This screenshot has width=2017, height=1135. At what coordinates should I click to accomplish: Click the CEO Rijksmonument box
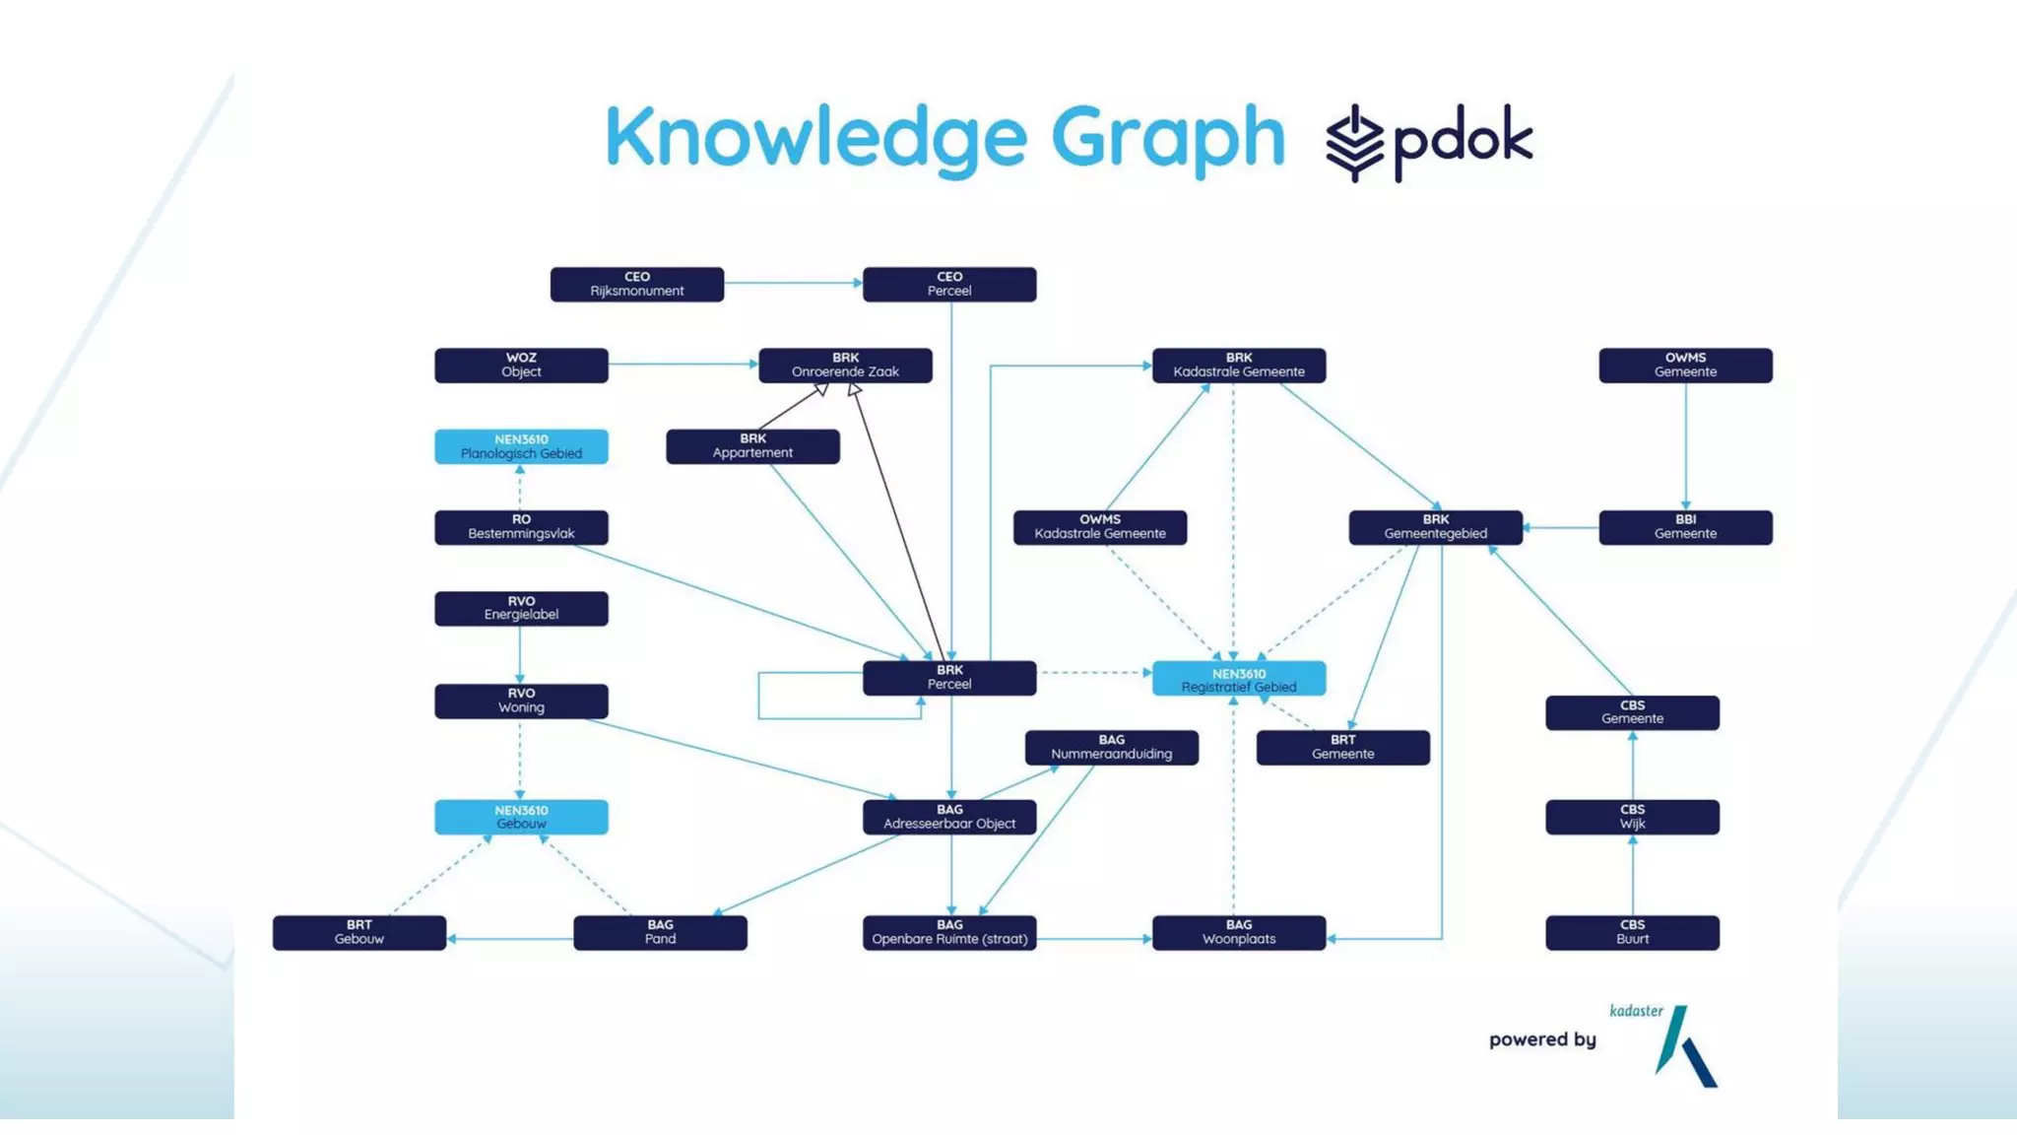coord(636,285)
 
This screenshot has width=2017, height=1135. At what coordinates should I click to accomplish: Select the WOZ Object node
coord(521,366)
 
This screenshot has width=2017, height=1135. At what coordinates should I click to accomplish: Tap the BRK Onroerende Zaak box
coord(845,366)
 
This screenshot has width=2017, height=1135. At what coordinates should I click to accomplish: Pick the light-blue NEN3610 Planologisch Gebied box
coord(521,446)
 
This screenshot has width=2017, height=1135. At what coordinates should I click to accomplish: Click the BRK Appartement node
coord(752,446)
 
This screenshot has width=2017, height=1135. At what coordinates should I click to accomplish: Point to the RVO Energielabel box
coord(521,608)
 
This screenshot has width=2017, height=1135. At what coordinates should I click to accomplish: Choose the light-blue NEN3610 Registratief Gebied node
coord(1239,679)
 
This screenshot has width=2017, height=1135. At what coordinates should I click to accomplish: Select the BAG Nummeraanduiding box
coord(1111,747)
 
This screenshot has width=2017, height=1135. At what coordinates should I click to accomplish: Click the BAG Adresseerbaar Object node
coord(949,817)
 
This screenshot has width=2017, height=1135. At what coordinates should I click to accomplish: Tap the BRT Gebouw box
coord(359,932)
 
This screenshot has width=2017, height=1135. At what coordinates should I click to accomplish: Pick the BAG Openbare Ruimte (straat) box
coord(949,932)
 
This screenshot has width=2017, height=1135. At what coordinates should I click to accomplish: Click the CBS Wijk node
coord(1632,817)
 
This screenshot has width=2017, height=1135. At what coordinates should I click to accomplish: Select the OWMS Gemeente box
coord(1685,366)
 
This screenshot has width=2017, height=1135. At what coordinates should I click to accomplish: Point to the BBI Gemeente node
coord(1685,527)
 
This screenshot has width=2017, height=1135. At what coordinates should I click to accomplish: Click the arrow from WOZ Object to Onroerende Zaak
coord(683,365)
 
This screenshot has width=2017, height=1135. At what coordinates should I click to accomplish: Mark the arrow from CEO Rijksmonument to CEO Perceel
coord(793,284)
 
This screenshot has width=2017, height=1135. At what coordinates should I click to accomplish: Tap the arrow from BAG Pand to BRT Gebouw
coord(510,939)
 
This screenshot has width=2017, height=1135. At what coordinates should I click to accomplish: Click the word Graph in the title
coord(1168,138)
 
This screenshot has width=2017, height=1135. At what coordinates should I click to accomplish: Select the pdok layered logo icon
coord(1355,143)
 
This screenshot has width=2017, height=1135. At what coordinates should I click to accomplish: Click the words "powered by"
coord(1542,1039)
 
